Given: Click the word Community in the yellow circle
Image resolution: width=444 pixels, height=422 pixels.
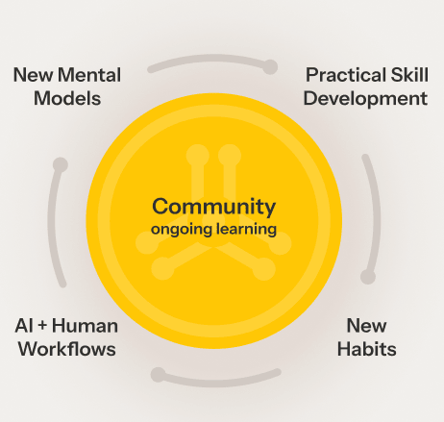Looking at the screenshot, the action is coord(213,208).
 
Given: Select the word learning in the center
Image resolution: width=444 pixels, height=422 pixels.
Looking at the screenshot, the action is coord(246,230).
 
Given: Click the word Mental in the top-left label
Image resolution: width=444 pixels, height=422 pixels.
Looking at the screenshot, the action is coord(89,75).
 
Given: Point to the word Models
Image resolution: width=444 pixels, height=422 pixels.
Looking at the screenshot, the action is coord(67,98).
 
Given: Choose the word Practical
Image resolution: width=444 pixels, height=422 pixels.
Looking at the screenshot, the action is coord(346,75).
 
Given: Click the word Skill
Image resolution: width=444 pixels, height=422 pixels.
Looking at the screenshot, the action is coord(409,75).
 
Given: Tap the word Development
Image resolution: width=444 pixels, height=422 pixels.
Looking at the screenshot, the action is coord(365,99).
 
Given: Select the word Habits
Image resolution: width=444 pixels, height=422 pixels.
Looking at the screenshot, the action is coord(367,349).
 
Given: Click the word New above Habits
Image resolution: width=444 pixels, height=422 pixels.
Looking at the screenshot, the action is coord(367,326).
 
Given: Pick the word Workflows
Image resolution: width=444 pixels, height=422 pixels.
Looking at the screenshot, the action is coord(67,349).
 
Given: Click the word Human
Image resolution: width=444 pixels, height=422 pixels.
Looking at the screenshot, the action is coord(85,326).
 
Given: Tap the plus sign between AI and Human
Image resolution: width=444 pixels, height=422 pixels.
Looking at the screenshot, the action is coord(42,326).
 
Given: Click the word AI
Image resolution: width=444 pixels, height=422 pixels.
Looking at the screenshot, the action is coord(24,326).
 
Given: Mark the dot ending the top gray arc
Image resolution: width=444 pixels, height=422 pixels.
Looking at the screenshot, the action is coord(270,67).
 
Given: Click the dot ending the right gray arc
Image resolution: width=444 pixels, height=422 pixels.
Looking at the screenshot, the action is coord(368,277).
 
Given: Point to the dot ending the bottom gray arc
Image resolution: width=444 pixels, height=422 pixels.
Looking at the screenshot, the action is coord(159,375).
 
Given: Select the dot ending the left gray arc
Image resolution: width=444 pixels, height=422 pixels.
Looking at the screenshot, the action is coord(61,164).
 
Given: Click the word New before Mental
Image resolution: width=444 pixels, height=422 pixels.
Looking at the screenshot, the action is coord(34,75).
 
